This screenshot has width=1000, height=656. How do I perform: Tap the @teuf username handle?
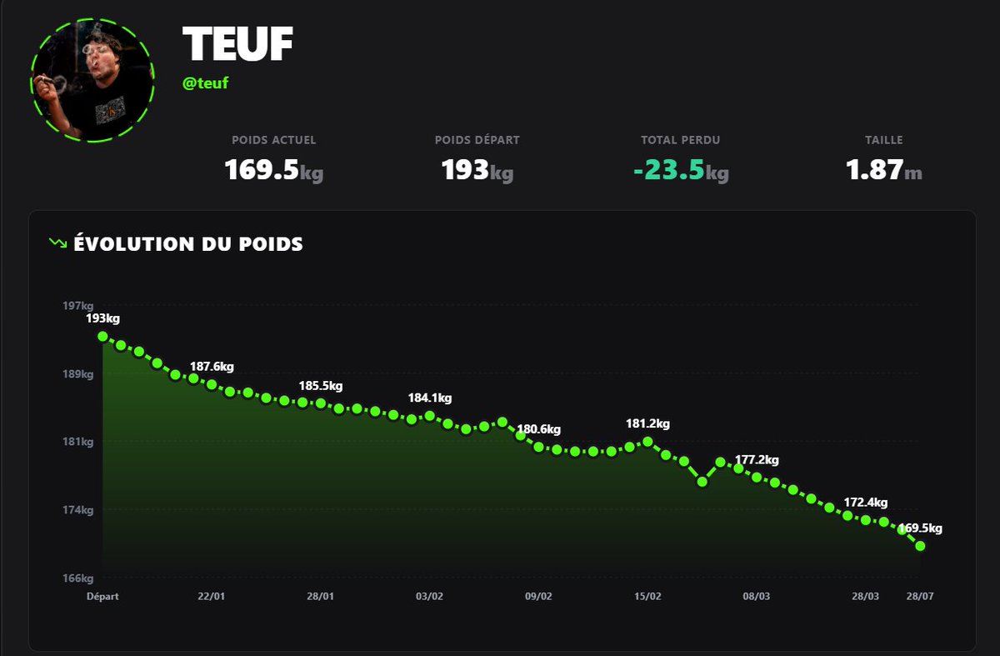(205, 83)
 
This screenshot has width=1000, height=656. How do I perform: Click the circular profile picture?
(92, 80)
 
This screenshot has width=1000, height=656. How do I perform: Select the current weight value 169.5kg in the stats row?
(273, 170)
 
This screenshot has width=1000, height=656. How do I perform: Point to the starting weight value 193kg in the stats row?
(477, 170)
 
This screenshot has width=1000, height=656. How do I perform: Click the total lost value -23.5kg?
(681, 170)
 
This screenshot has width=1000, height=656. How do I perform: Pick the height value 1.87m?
(884, 170)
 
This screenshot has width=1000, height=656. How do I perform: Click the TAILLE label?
(884, 140)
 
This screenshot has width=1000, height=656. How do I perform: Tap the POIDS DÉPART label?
(477, 140)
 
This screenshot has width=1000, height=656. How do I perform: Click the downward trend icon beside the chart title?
(58, 243)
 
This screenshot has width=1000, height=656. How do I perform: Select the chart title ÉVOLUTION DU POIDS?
(188, 244)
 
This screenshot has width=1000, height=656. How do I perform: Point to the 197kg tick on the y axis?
(78, 306)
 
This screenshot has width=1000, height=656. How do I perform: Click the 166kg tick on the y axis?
(78, 578)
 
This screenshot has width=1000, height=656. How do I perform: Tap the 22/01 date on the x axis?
(211, 596)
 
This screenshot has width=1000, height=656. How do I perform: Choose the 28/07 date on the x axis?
(920, 596)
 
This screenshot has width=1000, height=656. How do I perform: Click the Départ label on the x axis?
(102, 596)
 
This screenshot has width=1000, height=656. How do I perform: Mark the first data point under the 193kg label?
(102, 336)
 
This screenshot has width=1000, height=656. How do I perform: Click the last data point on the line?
(920, 546)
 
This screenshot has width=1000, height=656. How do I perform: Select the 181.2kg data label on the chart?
(647, 423)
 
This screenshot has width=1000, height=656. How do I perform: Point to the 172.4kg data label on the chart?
(866, 503)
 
